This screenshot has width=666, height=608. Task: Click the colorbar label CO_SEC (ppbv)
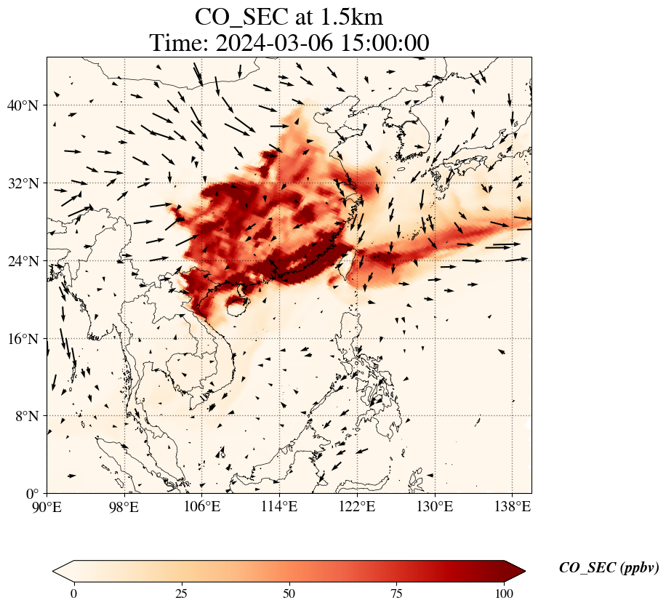[x=609, y=568]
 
